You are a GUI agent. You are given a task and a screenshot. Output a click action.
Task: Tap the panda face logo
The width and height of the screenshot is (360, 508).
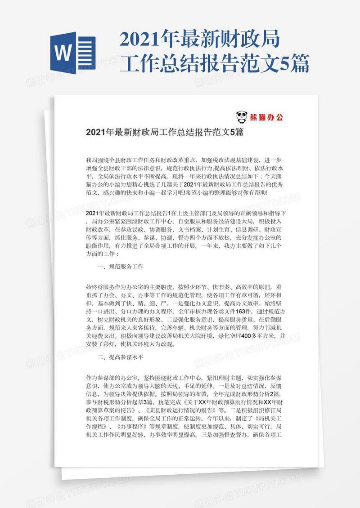(x=242, y=118)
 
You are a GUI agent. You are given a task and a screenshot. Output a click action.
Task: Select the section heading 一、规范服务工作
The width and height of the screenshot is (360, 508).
(x=120, y=267)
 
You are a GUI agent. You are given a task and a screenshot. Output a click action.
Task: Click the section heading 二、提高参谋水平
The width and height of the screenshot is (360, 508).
(x=120, y=358)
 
